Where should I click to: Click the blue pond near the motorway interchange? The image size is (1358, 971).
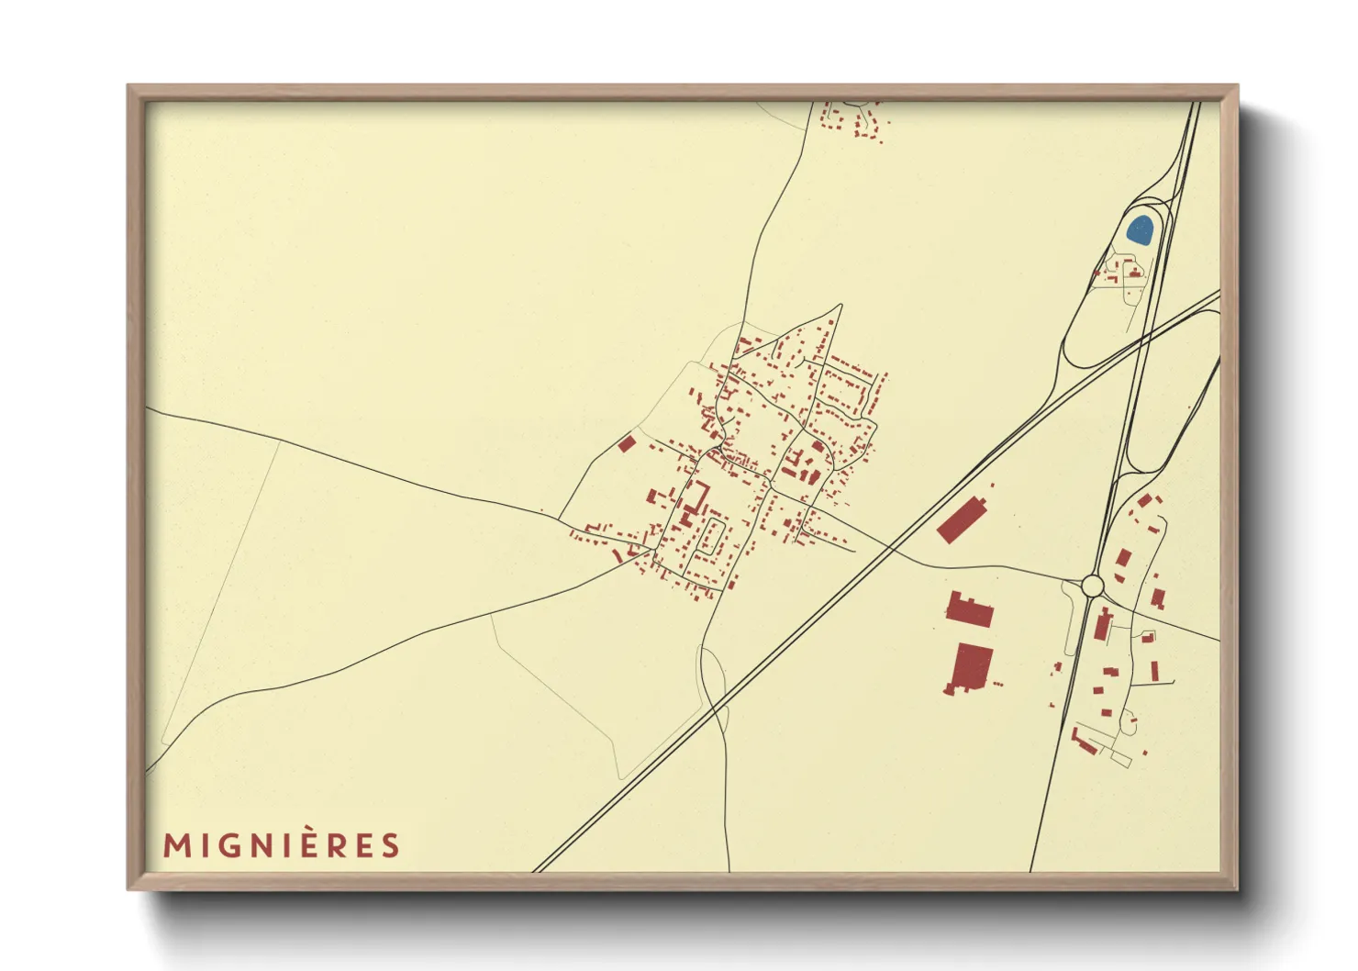pyautogui.click(x=1140, y=229)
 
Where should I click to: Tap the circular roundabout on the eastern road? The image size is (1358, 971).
pyautogui.click(x=1092, y=585)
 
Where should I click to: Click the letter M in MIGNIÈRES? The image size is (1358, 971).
pyautogui.click(x=176, y=845)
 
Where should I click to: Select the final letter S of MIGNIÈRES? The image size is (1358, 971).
pyautogui.click(x=392, y=845)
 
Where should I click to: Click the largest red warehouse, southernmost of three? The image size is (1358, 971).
pyautogui.click(x=972, y=667)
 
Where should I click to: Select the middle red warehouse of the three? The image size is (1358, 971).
pyautogui.click(x=970, y=610)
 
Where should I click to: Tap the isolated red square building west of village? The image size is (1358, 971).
pyautogui.click(x=627, y=444)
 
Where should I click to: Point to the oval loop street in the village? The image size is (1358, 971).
pyautogui.click(x=710, y=537)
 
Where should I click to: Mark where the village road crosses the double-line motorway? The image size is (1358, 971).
pyautogui.click(x=888, y=548)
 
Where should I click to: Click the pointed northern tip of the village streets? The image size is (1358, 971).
pyautogui.click(x=840, y=306)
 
